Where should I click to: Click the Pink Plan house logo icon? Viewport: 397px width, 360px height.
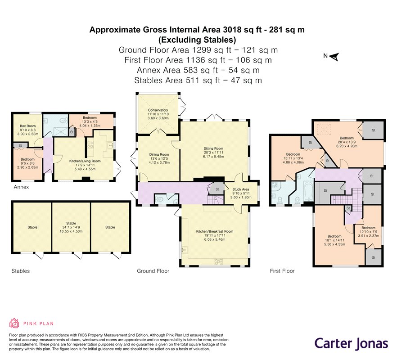[14, 323]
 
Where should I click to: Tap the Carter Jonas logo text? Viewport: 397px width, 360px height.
[352, 344]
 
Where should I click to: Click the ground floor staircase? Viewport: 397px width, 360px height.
[215, 199]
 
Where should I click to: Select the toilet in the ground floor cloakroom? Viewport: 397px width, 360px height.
[159, 199]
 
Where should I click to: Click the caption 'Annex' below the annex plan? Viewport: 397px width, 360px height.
[21, 187]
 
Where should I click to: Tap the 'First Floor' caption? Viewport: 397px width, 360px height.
[282, 271]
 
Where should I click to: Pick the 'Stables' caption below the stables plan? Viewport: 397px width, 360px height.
[21, 271]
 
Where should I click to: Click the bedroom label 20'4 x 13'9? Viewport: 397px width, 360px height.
[347, 142]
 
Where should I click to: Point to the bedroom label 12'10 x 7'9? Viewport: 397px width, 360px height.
[368, 232]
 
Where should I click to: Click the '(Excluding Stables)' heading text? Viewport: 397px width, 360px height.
[197, 40]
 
